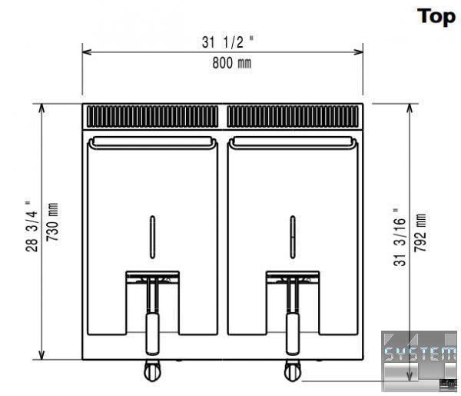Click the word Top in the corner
tap(436, 16)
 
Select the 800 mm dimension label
tap(232, 63)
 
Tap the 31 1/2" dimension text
tap(227, 42)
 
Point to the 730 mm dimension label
tap(52, 221)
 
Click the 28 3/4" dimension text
tap(32, 225)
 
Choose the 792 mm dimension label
tap(420, 233)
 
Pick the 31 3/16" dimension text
tap(400, 237)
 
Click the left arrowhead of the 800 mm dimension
tap(87, 52)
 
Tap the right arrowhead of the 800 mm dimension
tap(358, 52)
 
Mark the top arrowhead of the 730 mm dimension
tap(41, 108)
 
